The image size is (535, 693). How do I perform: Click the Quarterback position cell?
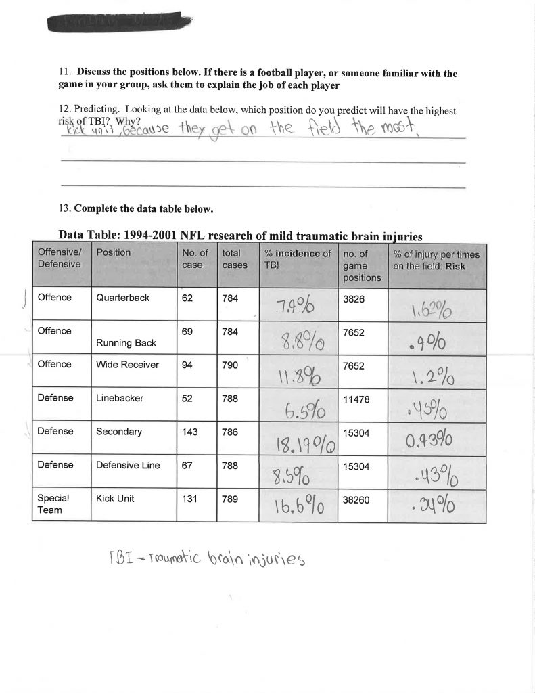[x=122, y=298]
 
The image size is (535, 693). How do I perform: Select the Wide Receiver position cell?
[x=127, y=365]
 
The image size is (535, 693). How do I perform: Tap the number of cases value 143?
[x=190, y=432]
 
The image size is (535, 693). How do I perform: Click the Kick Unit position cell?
[x=115, y=499]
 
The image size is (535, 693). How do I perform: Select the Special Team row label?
[x=53, y=504]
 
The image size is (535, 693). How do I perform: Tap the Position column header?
[x=113, y=252]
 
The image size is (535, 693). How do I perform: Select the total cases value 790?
[x=230, y=365]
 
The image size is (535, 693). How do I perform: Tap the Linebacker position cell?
[x=119, y=399]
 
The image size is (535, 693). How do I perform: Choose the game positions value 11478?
[x=357, y=399]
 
